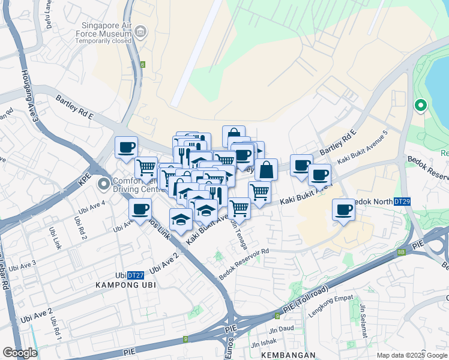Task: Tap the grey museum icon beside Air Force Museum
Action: [141, 32]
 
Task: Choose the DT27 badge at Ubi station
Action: [136, 275]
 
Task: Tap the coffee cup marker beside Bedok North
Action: [344, 210]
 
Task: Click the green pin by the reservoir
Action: [421, 106]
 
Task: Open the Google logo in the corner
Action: [20, 353]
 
